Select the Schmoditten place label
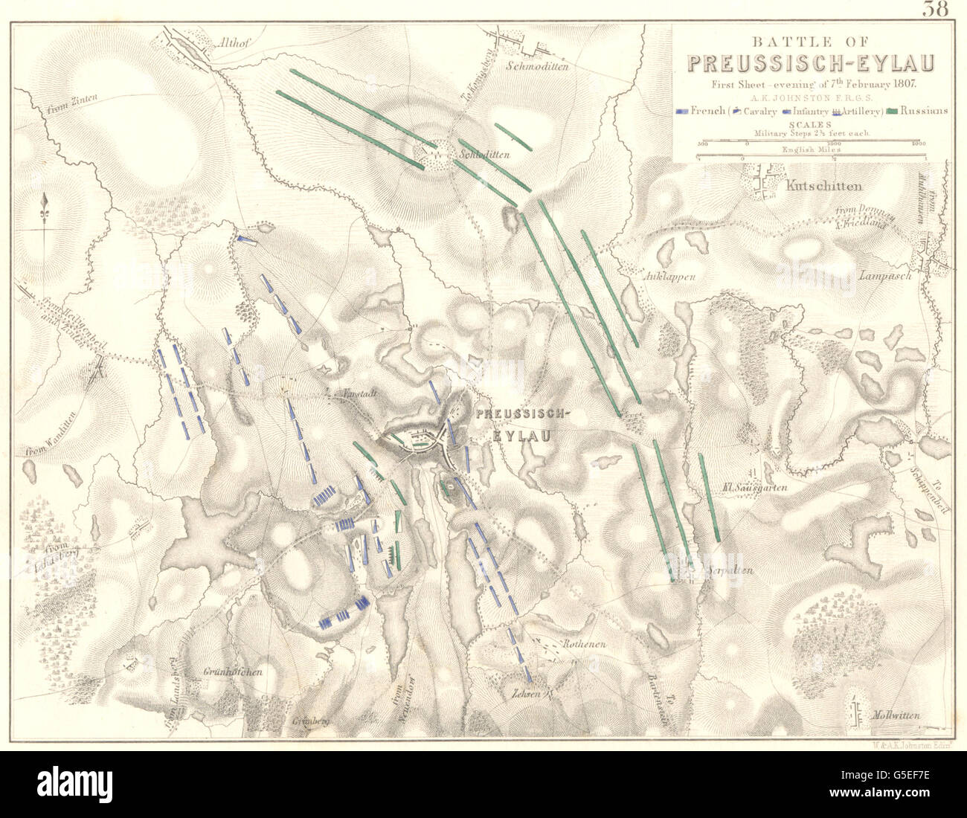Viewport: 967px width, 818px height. [x=536, y=65]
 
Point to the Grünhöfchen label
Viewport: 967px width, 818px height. [x=232, y=672]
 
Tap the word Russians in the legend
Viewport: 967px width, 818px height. [x=925, y=111]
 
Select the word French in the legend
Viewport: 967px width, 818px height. [x=707, y=111]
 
